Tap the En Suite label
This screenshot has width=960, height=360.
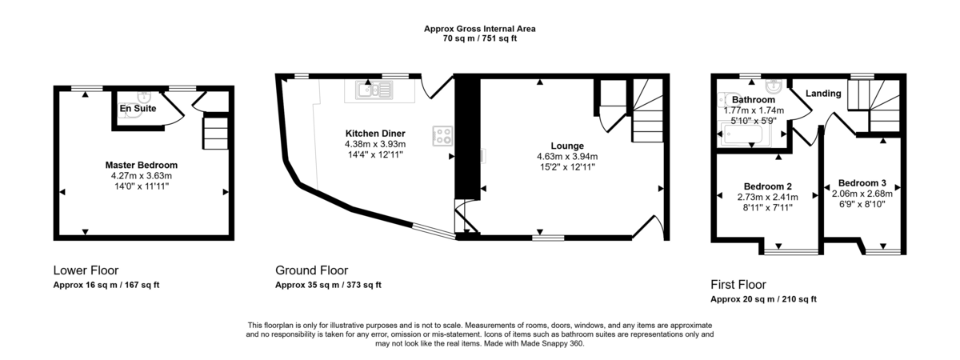(x=138, y=108)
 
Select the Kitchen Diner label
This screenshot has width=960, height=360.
(x=374, y=133)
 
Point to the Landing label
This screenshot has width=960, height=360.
(x=823, y=94)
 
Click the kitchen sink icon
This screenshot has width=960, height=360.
(x=373, y=91)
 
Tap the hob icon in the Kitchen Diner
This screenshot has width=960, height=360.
(x=442, y=137)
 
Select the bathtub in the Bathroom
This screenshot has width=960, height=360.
(x=744, y=136)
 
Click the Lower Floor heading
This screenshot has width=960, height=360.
(x=86, y=270)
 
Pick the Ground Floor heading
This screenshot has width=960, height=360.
(x=311, y=270)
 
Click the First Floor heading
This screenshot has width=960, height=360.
(x=738, y=284)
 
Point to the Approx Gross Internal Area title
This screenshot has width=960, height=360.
(x=480, y=29)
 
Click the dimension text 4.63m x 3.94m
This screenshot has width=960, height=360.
(x=567, y=156)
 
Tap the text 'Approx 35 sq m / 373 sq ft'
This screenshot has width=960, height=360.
(x=328, y=285)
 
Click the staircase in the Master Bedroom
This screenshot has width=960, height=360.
(x=215, y=132)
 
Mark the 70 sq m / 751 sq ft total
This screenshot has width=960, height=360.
(x=480, y=38)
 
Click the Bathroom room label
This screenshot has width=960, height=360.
(x=748, y=100)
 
